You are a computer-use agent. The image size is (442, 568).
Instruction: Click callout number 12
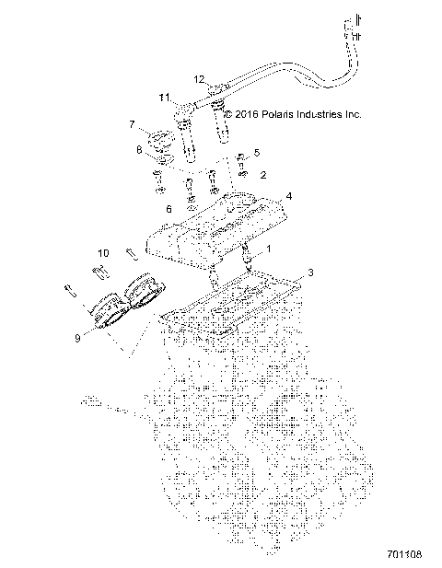click(199, 79)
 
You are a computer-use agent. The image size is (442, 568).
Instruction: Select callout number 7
click(132, 124)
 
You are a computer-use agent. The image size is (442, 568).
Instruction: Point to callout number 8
click(139, 149)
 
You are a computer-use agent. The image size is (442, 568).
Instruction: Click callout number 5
click(257, 153)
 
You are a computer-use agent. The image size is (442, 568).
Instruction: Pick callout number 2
click(263, 175)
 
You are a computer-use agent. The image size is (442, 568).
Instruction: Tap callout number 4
click(289, 196)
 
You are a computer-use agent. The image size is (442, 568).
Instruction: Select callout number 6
click(169, 209)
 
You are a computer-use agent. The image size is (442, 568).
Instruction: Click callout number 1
click(269, 249)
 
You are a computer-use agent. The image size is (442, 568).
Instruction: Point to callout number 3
click(310, 272)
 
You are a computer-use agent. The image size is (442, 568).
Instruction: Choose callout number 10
click(103, 252)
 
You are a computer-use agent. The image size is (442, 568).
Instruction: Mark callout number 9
click(77, 338)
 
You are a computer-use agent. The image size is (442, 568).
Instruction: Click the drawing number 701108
click(404, 554)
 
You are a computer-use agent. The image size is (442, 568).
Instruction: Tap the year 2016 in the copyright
click(247, 114)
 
